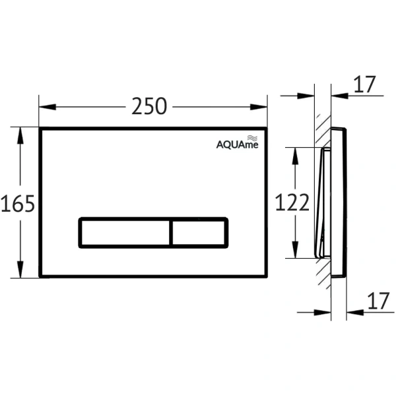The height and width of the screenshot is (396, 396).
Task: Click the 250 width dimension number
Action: click(x=149, y=106)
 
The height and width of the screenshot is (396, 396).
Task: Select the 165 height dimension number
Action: click(x=18, y=203)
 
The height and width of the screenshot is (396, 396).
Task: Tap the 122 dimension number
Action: click(x=292, y=203)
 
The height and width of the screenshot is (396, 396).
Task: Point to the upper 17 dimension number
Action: click(x=365, y=84)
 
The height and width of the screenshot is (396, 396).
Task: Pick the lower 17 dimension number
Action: click(x=378, y=301)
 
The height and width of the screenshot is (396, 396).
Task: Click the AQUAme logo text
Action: click(x=238, y=145)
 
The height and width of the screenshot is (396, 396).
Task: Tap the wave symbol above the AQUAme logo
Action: click(x=252, y=138)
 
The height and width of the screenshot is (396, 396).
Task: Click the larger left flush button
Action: click(x=125, y=233)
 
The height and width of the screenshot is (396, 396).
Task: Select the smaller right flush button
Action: click(x=199, y=233)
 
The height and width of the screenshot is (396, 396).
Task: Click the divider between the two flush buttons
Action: click(x=171, y=233)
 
